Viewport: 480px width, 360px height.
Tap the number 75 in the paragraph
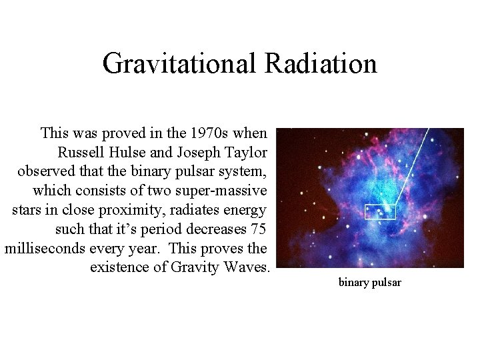258,229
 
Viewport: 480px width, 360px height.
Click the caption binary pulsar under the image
370,283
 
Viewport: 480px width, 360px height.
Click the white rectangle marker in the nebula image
380,212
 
